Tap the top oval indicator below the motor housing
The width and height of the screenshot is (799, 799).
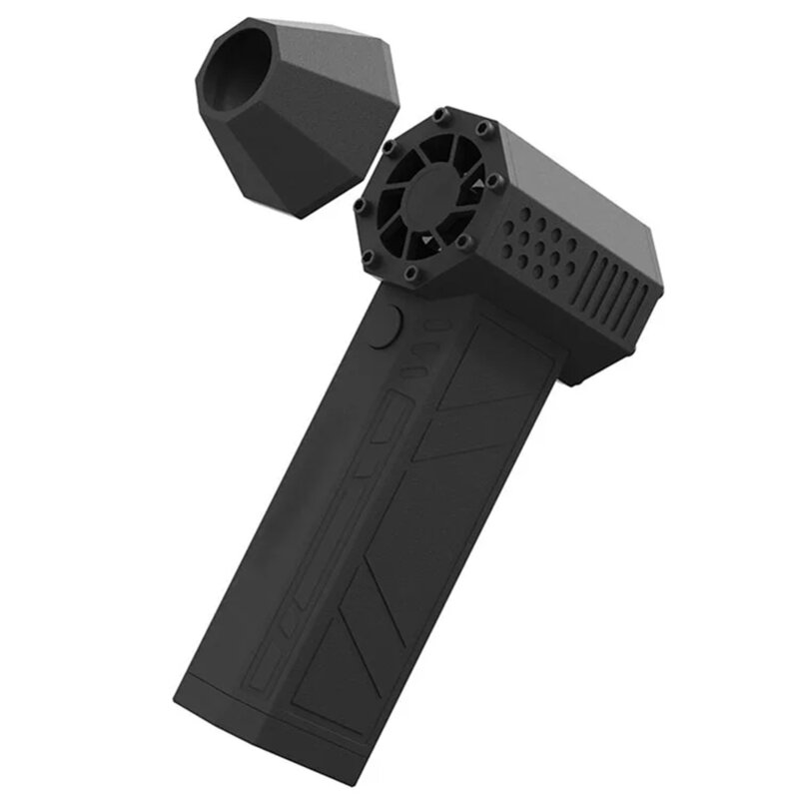pyautogui.click(x=432, y=325)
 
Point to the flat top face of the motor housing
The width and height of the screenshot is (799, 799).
pyautogui.click(x=579, y=180)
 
